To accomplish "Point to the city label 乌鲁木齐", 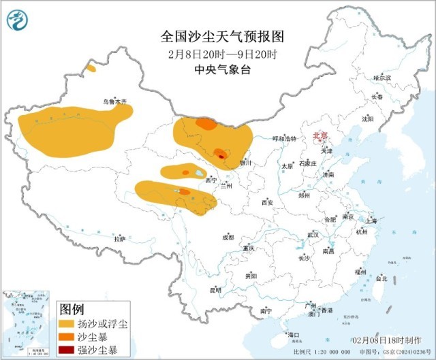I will [114, 101].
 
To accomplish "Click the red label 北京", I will [320, 136].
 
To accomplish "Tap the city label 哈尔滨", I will [382, 78].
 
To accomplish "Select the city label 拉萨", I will [120, 239].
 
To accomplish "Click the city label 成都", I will [227, 238].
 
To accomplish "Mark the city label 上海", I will [371, 220].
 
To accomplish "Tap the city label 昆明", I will [215, 291].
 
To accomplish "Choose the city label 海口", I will [293, 335].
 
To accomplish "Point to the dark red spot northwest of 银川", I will [221, 157].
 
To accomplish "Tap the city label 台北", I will [381, 278].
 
